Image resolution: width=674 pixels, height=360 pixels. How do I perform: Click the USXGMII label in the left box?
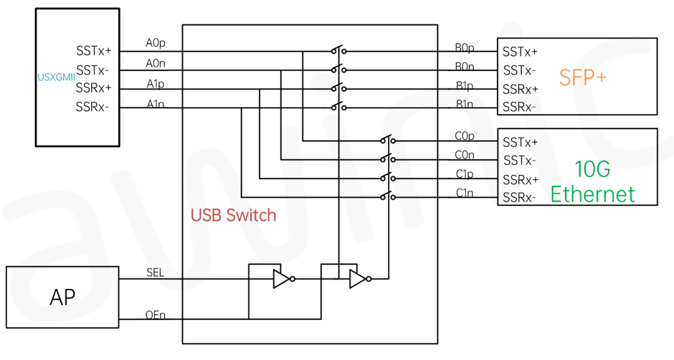tap(56, 77)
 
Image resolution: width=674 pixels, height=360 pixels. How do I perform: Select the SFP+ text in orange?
tap(582, 77)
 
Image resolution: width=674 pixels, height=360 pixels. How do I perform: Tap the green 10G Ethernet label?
tap(592, 182)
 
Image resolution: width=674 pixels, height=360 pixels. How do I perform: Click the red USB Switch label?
tap(233, 215)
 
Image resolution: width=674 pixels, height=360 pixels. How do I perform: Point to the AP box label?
tap(62, 297)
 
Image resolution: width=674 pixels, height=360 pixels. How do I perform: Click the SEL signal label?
tap(155, 273)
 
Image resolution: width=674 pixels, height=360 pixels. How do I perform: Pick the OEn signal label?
tap(155, 315)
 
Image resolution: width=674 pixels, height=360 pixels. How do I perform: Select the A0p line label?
tap(155, 43)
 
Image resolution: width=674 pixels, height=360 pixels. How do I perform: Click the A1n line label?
tap(155, 103)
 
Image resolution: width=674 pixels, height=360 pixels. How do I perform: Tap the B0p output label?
tap(464, 47)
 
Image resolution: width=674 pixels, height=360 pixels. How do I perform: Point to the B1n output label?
tap(464, 104)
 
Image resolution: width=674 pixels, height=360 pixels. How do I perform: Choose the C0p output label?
tap(464, 136)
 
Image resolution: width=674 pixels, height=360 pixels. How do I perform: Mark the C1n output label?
tap(464, 193)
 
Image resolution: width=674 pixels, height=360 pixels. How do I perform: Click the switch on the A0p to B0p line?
tap(338, 50)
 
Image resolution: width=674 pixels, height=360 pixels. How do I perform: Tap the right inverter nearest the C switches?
tap(359, 279)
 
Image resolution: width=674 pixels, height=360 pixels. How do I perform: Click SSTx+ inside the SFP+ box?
tap(520, 52)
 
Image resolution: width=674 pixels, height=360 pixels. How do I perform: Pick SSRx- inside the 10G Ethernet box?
tap(520, 198)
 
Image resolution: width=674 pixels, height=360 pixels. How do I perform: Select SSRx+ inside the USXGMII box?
tap(94, 88)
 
